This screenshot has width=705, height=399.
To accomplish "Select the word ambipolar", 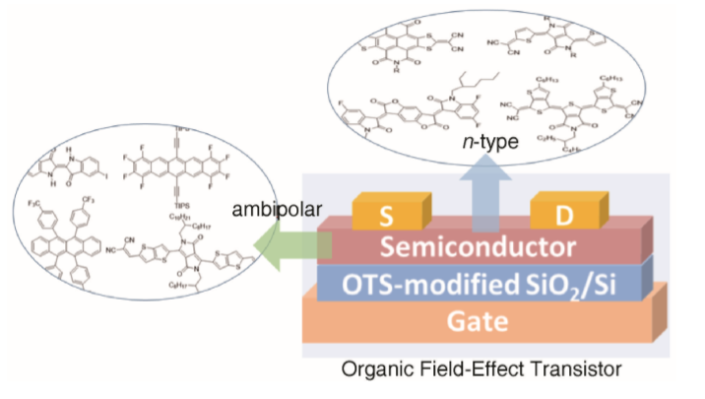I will pyautogui.click(x=268, y=211).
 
